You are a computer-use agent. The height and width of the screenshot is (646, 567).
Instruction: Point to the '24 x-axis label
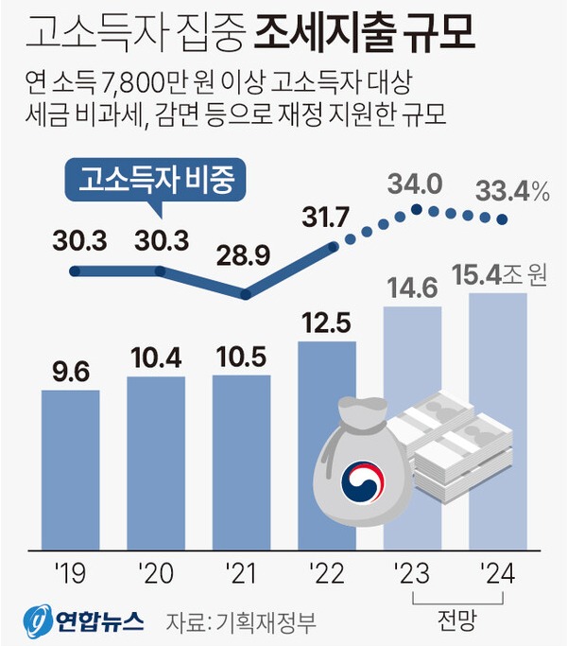tap(497, 571)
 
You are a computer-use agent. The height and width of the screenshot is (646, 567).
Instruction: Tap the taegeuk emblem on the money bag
tap(364, 477)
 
